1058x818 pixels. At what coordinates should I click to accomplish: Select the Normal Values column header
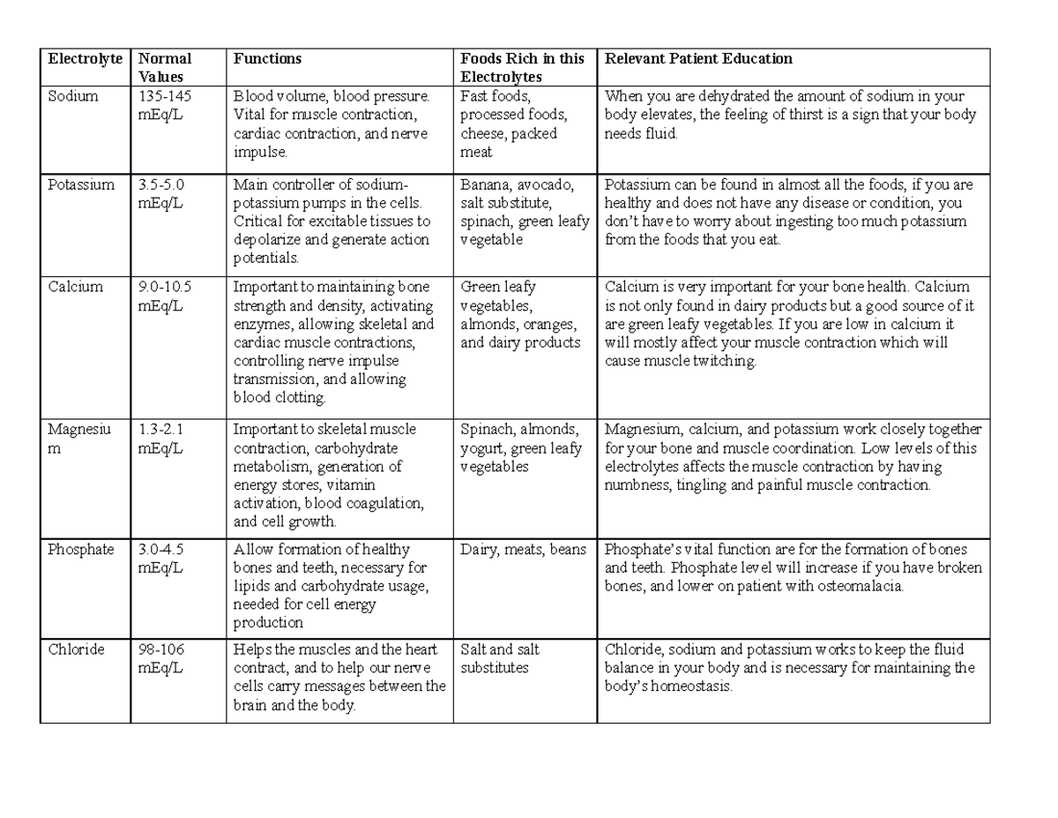(164, 68)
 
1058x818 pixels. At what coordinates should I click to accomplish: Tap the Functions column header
(267, 59)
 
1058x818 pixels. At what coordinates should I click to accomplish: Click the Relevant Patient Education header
(697, 59)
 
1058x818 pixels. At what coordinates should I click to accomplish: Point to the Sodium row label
(73, 96)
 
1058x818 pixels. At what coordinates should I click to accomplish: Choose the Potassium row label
(82, 184)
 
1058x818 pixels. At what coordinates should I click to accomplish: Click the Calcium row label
(76, 287)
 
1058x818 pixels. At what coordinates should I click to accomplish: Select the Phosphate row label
(82, 550)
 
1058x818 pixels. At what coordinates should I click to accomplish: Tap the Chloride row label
(77, 649)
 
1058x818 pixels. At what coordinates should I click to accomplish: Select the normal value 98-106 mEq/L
(162, 658)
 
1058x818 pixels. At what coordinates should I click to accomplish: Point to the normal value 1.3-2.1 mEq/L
(161, 439)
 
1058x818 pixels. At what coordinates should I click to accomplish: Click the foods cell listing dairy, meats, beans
(523, 550)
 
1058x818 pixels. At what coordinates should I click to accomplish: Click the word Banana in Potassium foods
(484, 184)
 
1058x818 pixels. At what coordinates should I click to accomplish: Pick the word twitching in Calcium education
(727, 361)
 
